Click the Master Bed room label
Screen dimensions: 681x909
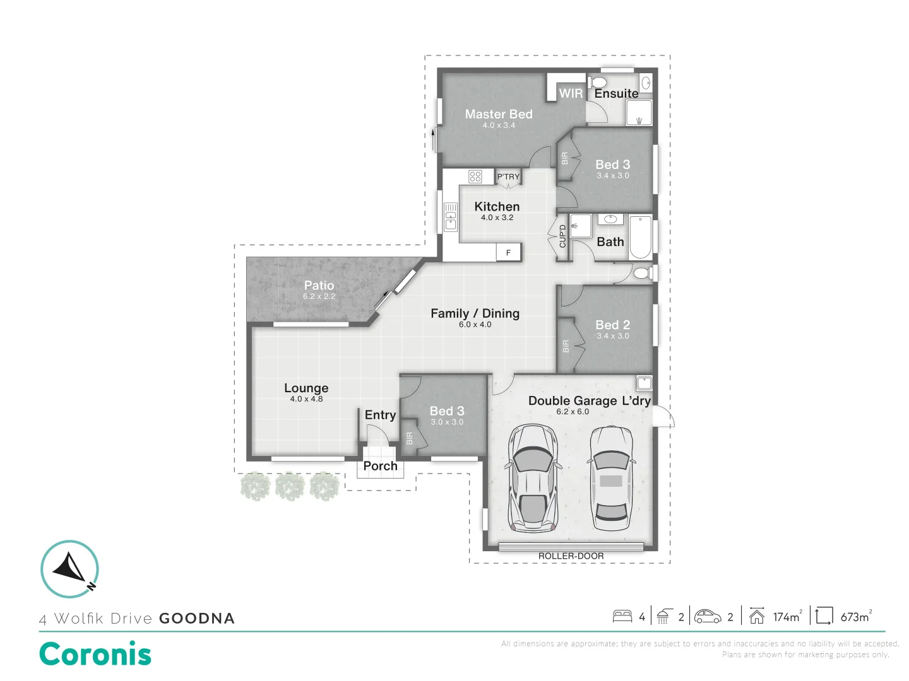tap(499, 114)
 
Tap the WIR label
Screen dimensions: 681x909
tap(571, 93)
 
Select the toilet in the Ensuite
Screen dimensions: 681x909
tap(597, 83)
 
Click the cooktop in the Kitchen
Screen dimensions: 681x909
tap(475, 177)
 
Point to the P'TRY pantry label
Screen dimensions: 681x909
tap(508, 177)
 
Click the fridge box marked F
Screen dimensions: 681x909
tap(508, 253)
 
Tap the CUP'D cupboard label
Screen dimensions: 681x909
tap(562, 236)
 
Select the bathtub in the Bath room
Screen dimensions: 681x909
tap(640, 238)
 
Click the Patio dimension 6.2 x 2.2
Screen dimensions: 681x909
tap(319, 296)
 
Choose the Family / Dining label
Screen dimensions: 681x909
tap(475, 313)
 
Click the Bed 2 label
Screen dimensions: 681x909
tap(612, 325)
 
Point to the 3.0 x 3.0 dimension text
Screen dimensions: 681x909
tap(447, 422)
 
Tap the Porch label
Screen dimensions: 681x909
tap(380, 466)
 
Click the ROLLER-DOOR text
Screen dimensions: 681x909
tap(571, 556)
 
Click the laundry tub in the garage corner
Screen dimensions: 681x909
tap(644, 383)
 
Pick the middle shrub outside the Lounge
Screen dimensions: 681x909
tap(290, 486)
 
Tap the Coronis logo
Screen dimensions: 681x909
tap(95, 654)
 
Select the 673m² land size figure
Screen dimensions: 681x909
tap(855, 617)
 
